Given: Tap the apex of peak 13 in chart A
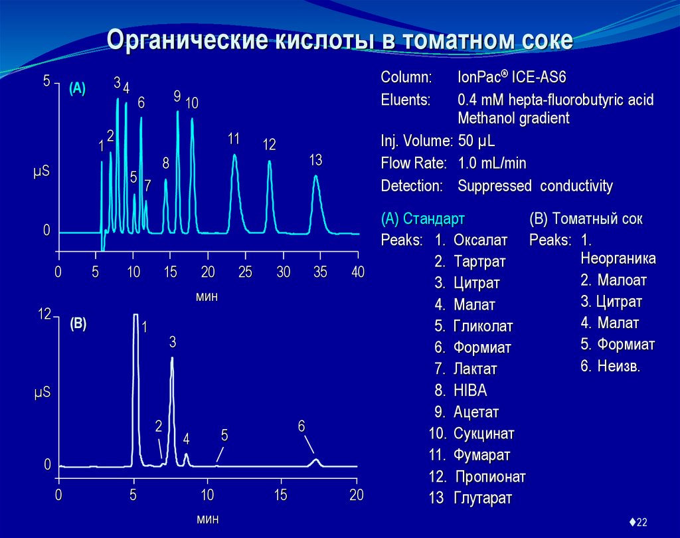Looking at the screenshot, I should [316, 177].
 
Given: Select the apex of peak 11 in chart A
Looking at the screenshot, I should [234, 155].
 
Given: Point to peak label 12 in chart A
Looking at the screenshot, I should [269, 144].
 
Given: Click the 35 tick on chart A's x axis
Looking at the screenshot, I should [321, 272].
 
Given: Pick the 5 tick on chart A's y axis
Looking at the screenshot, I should [46, 82].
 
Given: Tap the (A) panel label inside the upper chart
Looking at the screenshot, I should [77, 89].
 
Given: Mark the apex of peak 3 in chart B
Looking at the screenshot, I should [172, 358].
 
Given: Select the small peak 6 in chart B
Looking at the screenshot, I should [316, 460].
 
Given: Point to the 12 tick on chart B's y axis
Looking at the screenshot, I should [44, 315].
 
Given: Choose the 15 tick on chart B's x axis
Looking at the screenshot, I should [281, 495].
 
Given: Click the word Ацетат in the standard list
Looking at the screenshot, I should [476, 412].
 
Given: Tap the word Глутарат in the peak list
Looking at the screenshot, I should [483, 497].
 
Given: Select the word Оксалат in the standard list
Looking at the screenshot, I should [480, 240].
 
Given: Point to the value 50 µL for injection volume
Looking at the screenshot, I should [476, 141].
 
